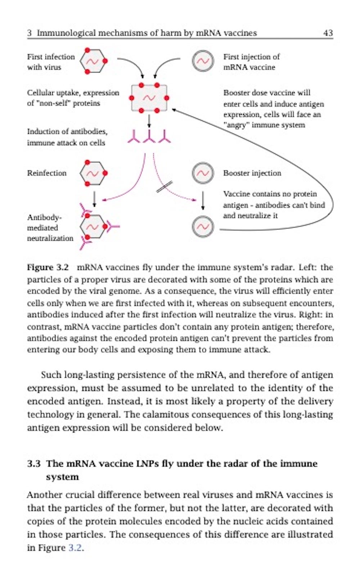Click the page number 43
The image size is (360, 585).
tap(328, 33)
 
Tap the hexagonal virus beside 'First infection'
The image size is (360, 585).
tap(93, 61)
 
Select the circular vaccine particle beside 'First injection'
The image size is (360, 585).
tap(203, 61)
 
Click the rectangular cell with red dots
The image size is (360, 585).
tap(149, 98)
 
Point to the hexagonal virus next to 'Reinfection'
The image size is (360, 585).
tap(93, 174)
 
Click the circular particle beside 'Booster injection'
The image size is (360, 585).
tap(203, 174)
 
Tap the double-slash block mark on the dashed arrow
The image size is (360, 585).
tap(164, 187)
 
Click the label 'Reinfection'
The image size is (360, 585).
tap(47, 173)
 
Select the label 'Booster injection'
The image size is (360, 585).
tap(252, 173)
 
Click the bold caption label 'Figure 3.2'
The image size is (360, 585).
tap(48, 267)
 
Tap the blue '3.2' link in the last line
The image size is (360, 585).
tap(75, 548)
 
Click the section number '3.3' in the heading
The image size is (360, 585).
tap(33, 463)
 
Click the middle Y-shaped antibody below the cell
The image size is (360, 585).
tap(149, 136)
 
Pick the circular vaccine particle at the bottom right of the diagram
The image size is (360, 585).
tap(203, 227)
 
